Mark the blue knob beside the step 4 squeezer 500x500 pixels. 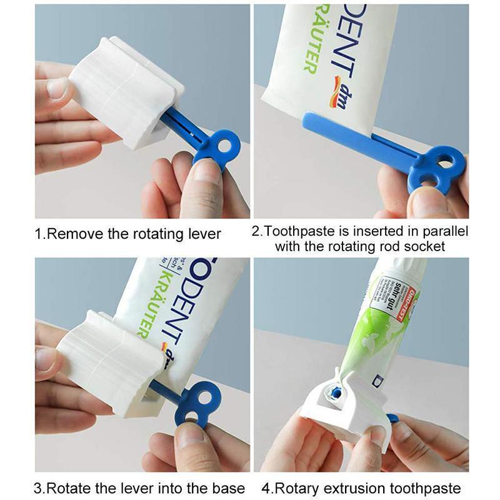pyautogui.click(x=392, y=418)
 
